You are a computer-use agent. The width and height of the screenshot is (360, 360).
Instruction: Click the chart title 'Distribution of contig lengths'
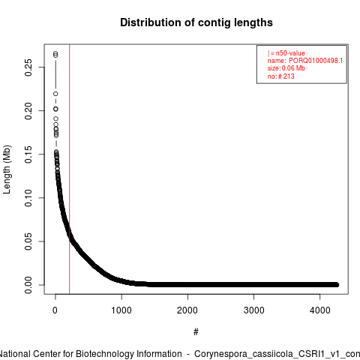(x=196, y=22)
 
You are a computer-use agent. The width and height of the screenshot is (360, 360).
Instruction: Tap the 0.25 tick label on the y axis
(x=28, y=67)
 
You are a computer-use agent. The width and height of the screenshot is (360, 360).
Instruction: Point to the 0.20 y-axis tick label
(x=28, y=111)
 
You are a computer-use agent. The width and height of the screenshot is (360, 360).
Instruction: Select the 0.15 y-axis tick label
(x=28, y=154)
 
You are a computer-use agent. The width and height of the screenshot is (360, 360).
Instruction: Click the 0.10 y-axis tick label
(x=28, y=198)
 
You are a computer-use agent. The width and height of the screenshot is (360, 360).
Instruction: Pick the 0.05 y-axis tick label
(x=28, y=241)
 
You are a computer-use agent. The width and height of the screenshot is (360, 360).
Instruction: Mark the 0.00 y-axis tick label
(x=28, y=285)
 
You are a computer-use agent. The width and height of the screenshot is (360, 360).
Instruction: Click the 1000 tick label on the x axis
(x=121, y=310)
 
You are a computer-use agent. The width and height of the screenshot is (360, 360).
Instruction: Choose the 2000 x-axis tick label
(x=187, y=310)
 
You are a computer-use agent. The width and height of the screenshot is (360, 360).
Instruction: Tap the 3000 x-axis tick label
(x=253, y=310)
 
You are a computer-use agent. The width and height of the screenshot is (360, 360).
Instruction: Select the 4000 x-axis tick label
(x=320, y=310)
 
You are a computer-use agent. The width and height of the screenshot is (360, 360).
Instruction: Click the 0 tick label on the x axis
(x=55, y=310)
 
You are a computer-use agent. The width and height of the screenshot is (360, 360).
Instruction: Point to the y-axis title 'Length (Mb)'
(x=7, y=169)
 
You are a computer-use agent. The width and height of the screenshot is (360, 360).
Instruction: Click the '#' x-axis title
(x=196, y=332)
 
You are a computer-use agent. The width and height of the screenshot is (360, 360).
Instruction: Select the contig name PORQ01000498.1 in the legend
(x=316, y=61)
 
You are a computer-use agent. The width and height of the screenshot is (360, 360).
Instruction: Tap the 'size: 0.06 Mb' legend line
(x=286, y=68)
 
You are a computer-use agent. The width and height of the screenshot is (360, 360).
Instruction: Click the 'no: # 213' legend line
(x=281, y=76)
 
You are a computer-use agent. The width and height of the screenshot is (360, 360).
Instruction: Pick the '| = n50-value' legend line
(x=286, y=53)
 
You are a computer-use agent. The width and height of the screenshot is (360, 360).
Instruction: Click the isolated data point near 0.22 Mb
(x=55, y=94)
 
